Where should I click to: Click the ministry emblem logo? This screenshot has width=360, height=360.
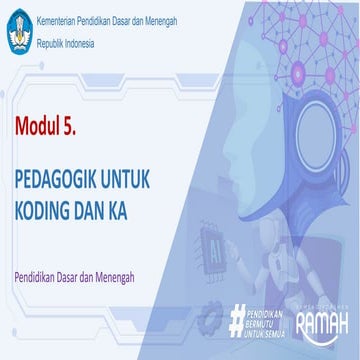pos(17,31)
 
